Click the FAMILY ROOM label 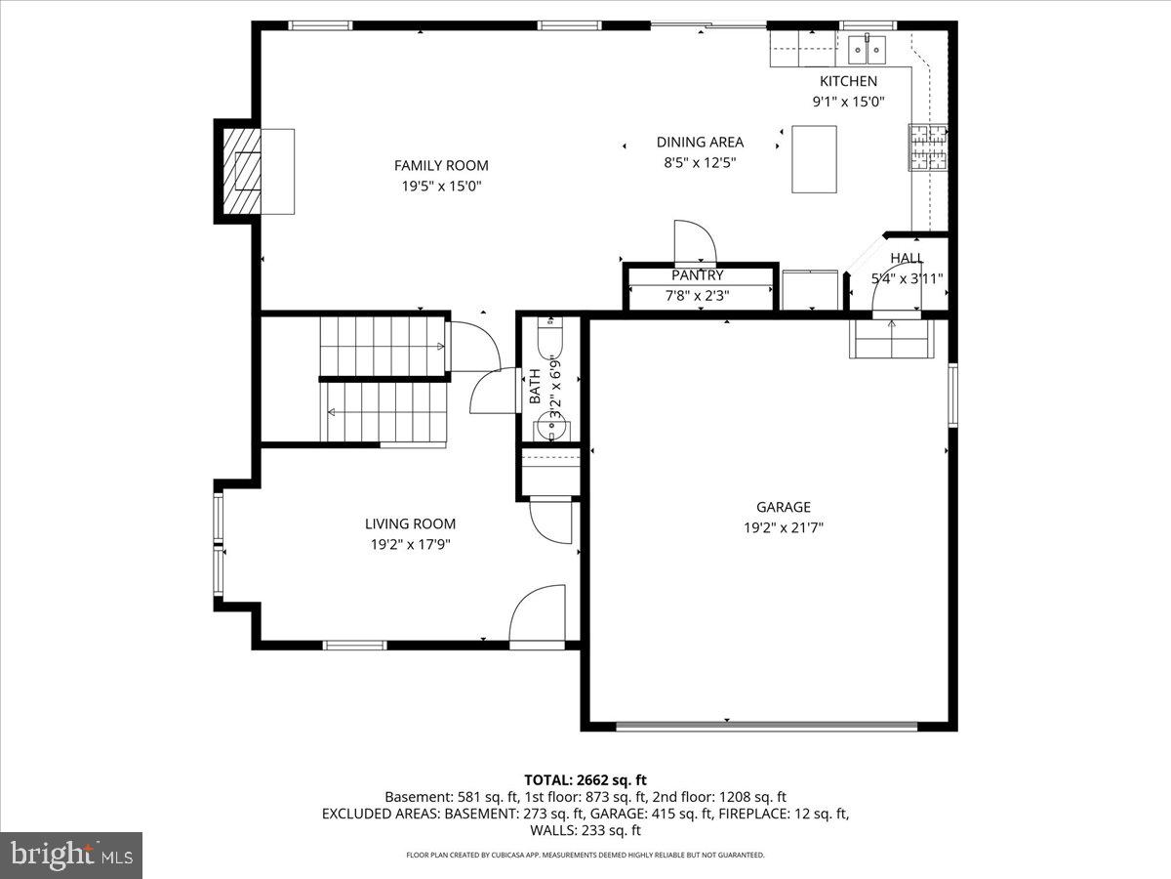click(x=441, y=165)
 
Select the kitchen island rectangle click(x=814, y=159)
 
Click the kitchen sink click(x=865, y=47)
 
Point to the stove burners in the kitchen click(x=929, y=148)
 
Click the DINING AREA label click(x=700, y=142)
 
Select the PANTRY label click(x=697, y=275)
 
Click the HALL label click(x=907, y=258)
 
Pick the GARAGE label click(x=783, y=507)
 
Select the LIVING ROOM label click(x=410, y=523)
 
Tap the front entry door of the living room click(x=538, y=615)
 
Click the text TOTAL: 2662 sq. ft click(x=585, y=779)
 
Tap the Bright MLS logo click(x=71, y=856)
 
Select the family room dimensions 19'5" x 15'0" click(x=441, y=186)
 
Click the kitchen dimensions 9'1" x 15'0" click(x=848, y=102)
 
